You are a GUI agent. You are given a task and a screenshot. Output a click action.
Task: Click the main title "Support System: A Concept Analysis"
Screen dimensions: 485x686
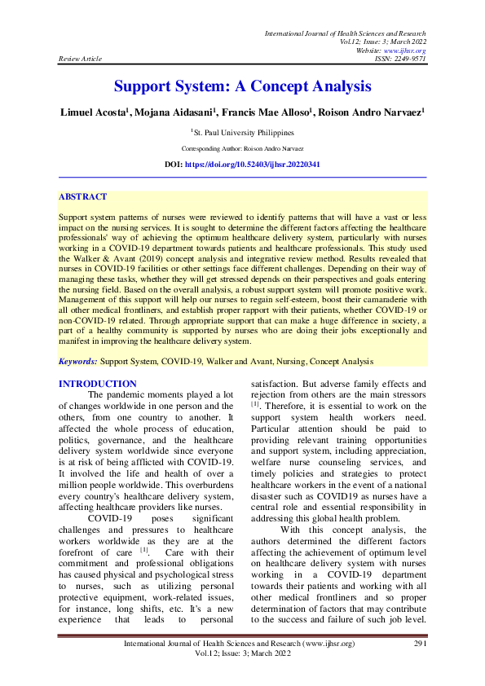tap(242, 86)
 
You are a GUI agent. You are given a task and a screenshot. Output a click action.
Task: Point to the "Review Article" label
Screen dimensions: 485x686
tap(79, 59)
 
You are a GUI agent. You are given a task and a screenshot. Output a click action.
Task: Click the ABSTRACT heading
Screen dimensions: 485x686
tap(82, 197)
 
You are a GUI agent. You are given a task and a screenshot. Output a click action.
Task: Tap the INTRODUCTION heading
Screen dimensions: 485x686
tap(98, 384)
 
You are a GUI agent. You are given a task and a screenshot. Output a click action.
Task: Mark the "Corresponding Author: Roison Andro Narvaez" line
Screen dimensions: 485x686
tap(242, 149)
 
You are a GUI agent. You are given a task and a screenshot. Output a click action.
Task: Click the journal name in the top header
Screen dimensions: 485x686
tap(346, 33)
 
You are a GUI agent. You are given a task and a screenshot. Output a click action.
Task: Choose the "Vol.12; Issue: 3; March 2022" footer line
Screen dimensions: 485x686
tap(242, 654)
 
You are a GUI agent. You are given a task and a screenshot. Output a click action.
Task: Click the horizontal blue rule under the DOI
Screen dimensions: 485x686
tap(242, 177)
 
